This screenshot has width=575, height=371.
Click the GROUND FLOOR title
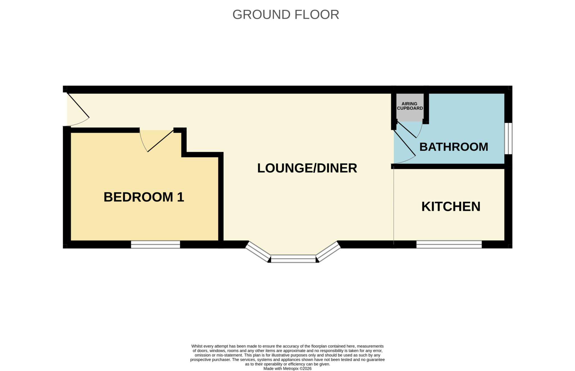(x=286, y=15)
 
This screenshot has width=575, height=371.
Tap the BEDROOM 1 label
(x=144, y=197)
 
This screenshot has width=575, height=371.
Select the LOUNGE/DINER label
(x=307, y=168)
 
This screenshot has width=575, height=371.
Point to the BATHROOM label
(x=454, y=147)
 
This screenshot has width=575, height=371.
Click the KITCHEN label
(x=451, y=207)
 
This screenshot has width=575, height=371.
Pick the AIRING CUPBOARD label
(x=410, y=106)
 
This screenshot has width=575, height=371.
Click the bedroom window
(x=156, y=244)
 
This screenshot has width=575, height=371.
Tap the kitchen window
(x=449, y=244)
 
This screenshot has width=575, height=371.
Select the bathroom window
(x=508, y=138)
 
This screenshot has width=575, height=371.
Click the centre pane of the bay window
(x=293, y=259)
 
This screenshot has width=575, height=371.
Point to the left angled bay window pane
(x=258, y=251)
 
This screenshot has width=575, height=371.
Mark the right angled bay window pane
(x=328, y=251)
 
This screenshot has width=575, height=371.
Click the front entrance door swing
(x=78, y=109)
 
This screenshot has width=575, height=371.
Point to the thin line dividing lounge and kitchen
(x=394, y=205)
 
